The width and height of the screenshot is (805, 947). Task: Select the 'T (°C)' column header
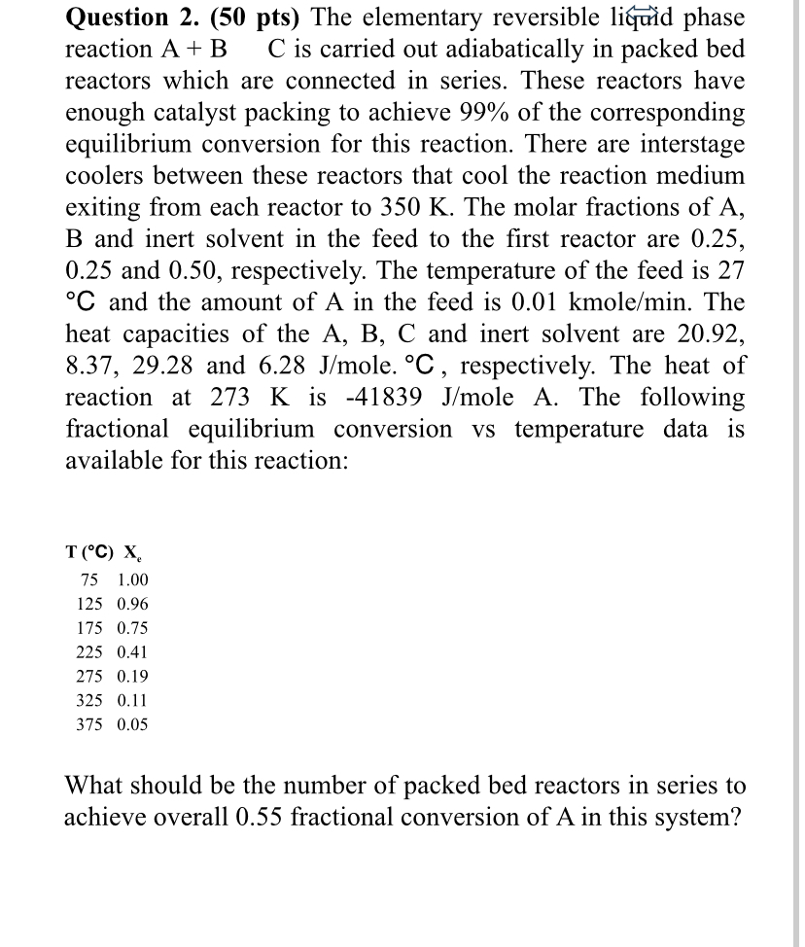(88, 553)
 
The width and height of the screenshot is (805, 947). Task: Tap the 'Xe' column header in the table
(130, 554)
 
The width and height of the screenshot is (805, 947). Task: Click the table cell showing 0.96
(132, 604)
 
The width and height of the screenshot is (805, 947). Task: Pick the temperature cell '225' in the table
(89, 651)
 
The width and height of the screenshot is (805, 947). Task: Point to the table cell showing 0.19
(132, 676)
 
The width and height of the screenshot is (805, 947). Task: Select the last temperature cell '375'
(89, 724)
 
